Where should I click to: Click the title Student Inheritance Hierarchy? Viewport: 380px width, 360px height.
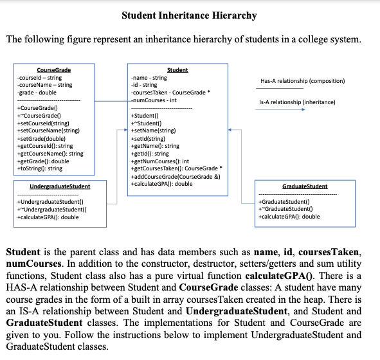coord(189,15)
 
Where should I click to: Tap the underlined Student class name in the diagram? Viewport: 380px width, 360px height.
coord(177,70)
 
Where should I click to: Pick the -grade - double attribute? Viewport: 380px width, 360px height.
coord(37,92)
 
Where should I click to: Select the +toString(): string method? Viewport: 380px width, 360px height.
coord(40,168)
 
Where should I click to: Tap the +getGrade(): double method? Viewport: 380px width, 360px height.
coord(43,161)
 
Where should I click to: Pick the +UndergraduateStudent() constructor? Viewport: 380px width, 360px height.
coord(50,203)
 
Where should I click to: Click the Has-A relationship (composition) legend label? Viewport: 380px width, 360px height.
coord(302,81)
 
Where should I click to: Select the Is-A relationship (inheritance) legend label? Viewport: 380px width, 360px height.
coord(296,102)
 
